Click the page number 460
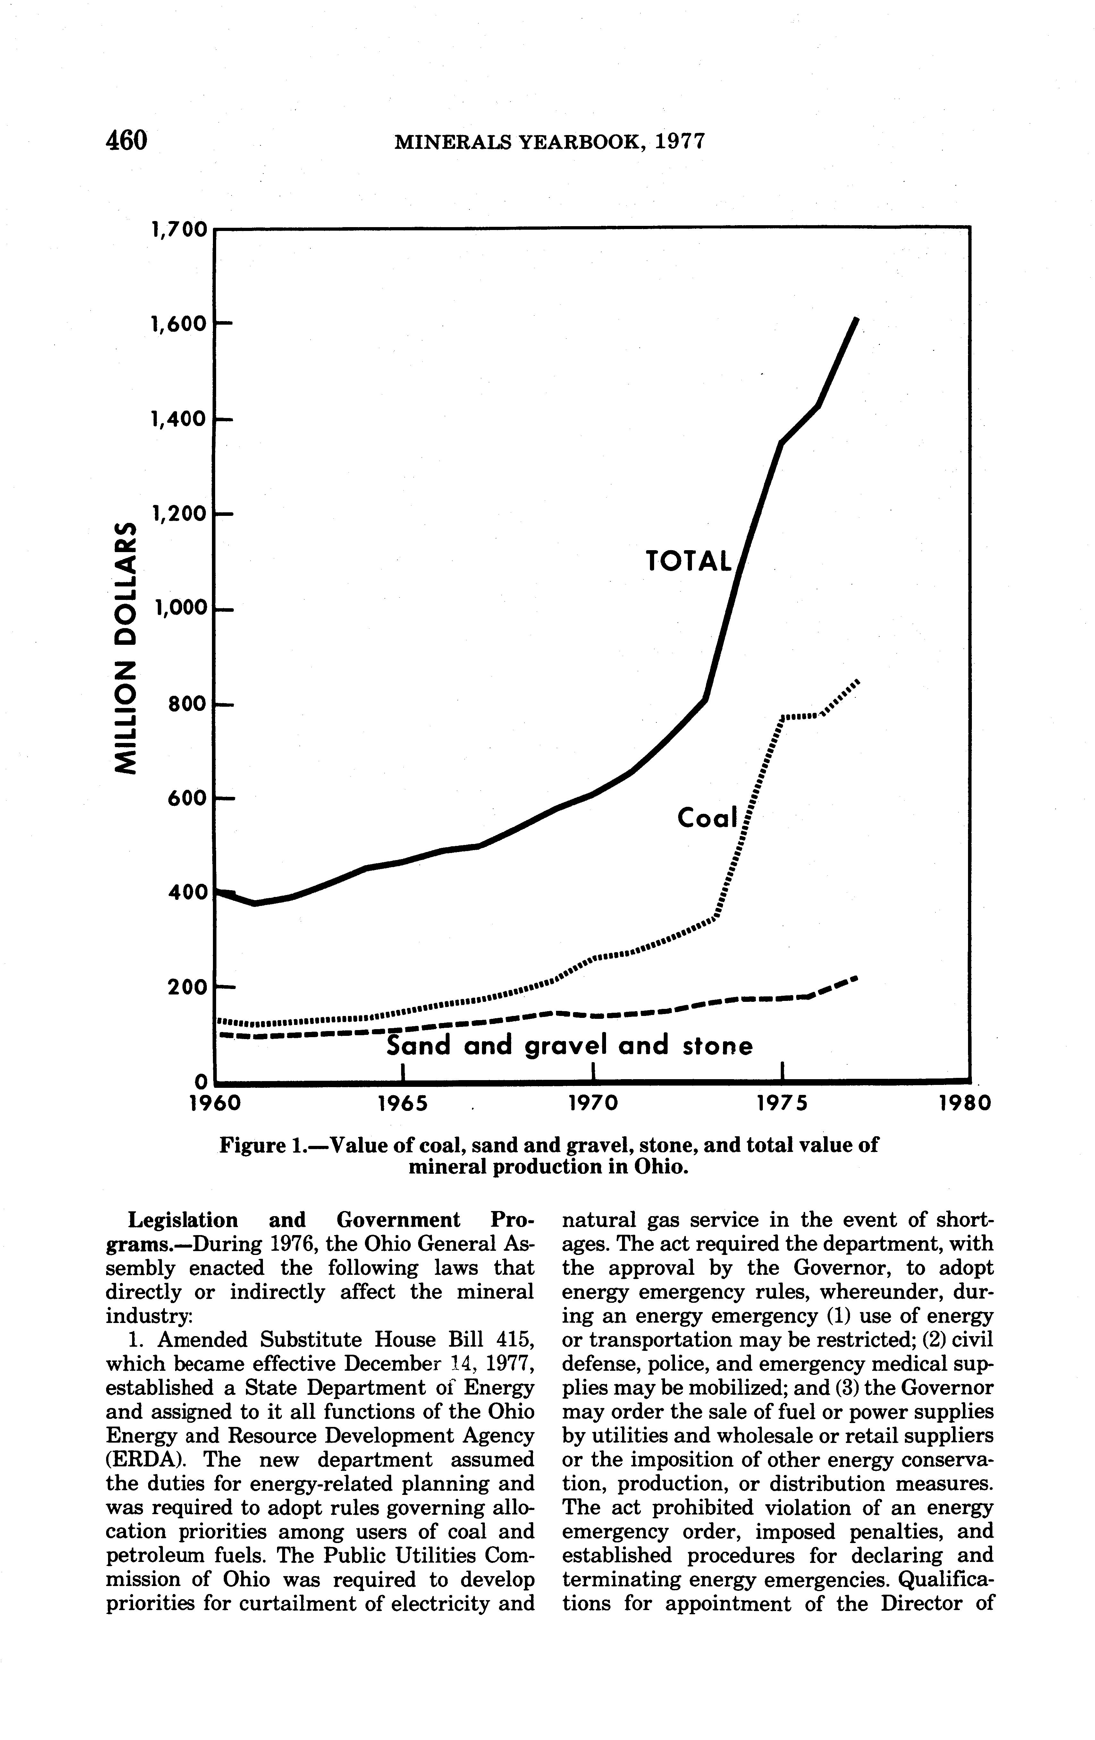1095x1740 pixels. pos(126,140)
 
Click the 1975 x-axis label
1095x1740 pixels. pos(782,1104)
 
